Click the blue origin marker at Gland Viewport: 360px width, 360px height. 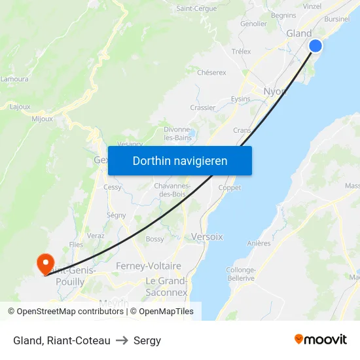pos(315,46)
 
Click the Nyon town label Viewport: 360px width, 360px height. pos(275,91)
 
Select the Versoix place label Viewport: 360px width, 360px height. pos(207,236)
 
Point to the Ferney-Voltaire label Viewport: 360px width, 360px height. pos(148,266)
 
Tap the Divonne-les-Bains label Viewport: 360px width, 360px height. pos(177,134)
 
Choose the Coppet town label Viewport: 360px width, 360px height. pos(230,188)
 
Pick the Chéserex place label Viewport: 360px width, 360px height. pos(211,73)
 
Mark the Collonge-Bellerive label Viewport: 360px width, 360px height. pos(240,274)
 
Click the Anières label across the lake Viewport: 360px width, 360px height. pos(259,243)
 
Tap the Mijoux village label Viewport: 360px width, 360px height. pos(42,119)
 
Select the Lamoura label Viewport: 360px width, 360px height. pos(14,79)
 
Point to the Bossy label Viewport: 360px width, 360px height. pos(155,239)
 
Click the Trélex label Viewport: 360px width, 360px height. pos(242,51)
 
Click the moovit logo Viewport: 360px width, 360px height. pos(321,339)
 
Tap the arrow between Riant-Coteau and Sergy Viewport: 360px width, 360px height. pos(122,340)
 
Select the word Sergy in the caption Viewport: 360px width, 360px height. pos(147,340)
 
